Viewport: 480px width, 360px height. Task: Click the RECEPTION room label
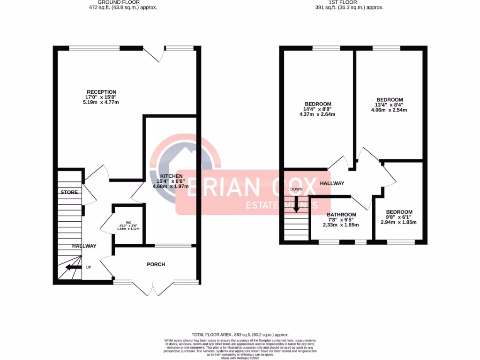point(101,92)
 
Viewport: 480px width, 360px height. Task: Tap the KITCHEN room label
point(171,176)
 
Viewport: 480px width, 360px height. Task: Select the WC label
point(128,223)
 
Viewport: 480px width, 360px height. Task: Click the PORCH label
point(156,264)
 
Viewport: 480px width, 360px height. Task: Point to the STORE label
point(69,192)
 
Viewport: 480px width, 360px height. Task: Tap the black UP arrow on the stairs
point(72,267)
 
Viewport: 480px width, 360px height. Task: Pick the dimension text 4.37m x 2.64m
point(318,114)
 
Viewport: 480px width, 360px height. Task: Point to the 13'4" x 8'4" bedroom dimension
point(390,105)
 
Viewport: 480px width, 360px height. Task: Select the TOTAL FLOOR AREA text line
point(240,334)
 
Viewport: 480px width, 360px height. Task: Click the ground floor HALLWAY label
point(84,246)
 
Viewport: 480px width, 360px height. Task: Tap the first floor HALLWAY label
point(332,183)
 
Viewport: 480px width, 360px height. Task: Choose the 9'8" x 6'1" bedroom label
point(398,217)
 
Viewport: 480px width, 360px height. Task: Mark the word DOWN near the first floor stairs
point(296,189)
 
